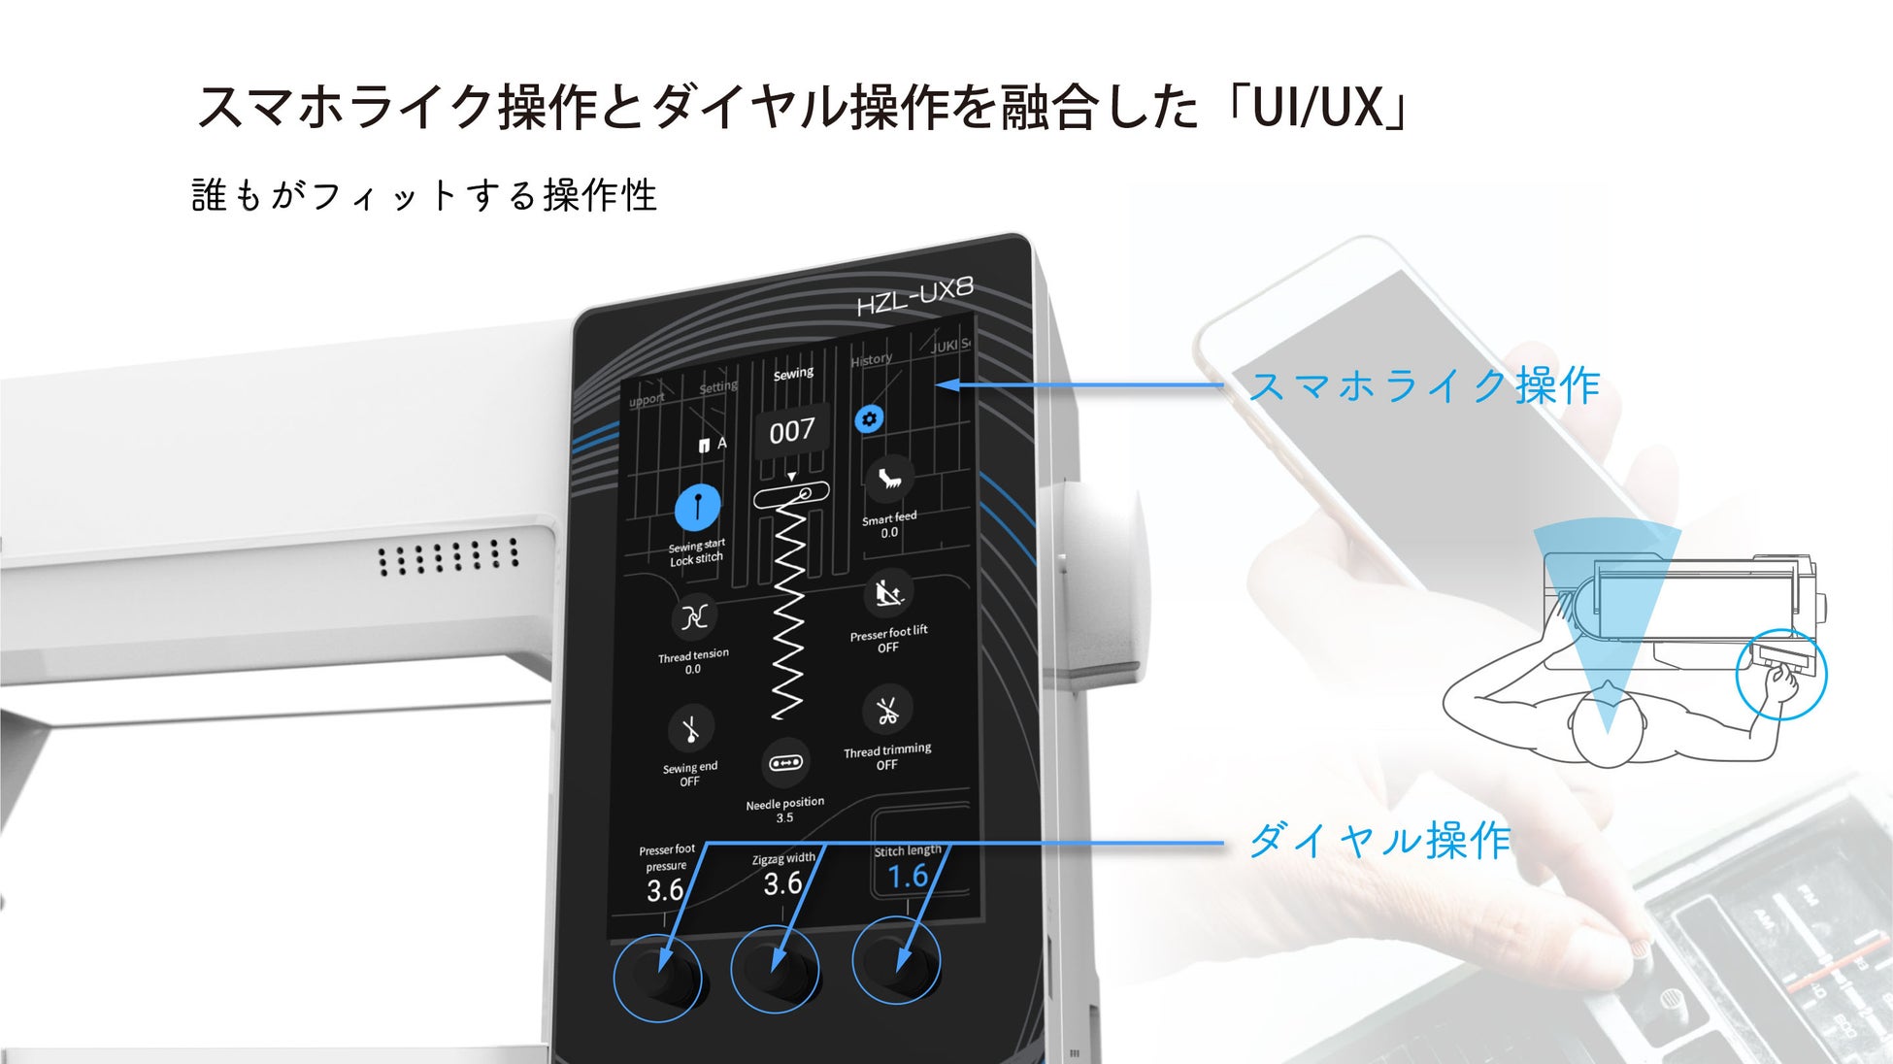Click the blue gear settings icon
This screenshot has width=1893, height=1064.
[x=869, y=418]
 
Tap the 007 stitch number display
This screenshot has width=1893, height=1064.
[x=792, y=431]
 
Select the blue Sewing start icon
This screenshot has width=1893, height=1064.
[x=697, y=508]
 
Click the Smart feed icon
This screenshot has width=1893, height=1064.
[x=889, y=478]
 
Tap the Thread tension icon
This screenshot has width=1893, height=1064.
[x=694, y=616]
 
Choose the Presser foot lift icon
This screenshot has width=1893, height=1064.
[x=888, y=592]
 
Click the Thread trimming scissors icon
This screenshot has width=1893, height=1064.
[x=887, y=711]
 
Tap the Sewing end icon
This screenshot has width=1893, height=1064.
[x=691, y=729]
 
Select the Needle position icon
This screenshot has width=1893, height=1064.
[x=785, y=762]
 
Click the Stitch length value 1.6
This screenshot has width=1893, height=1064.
[x=909, y=877]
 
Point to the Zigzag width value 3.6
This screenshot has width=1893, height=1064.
[x=782, y=883]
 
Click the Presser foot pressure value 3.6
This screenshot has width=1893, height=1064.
[x=665, y=890]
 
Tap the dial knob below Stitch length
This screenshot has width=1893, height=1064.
[x=897, y=962]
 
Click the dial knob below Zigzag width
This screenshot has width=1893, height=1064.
[x=776, y=968]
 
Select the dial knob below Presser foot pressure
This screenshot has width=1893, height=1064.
[x=658, y=975]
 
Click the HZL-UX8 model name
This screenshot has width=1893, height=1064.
[x=913, y=296]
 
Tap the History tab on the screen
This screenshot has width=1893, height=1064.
[x=871, y=360]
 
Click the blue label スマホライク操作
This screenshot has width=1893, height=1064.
[x=1423, y=386]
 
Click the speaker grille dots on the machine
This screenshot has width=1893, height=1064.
[x=448, y=557]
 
